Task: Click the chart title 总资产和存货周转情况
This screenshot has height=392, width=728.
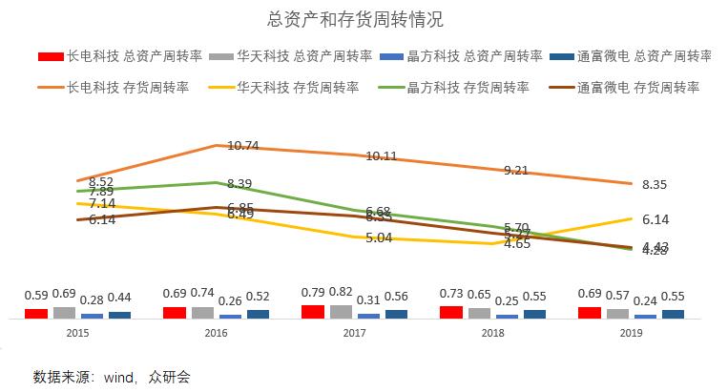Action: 363,19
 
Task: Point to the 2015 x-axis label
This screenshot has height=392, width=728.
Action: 78,333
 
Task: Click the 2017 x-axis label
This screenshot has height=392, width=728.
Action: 355,333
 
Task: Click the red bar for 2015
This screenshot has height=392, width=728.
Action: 36,313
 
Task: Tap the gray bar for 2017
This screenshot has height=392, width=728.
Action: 341,311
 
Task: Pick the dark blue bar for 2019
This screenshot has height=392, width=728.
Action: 674,314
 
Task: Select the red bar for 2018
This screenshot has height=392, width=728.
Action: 450,312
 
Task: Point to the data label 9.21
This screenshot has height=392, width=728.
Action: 517,171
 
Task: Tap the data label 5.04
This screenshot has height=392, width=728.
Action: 379,238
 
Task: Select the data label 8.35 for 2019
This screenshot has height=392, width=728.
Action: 655,185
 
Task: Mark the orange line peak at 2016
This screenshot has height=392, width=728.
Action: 217,146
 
